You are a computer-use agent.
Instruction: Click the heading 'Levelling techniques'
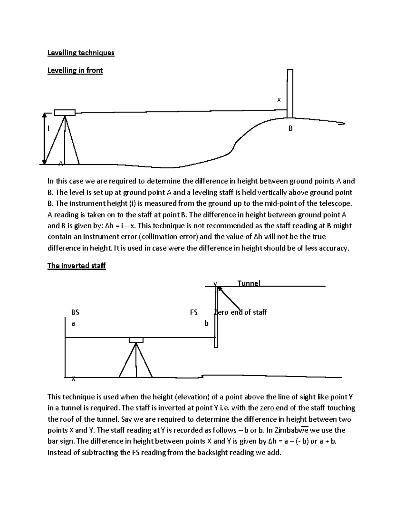(81, 53)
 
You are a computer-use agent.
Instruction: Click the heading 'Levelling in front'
(75, 70)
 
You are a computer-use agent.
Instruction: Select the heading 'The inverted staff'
(76, 266)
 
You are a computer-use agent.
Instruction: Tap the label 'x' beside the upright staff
(278, 100)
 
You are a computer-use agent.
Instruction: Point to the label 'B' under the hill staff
(290, 128)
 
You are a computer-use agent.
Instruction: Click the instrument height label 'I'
(48, 128)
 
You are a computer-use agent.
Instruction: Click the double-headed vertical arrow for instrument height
(44, 138)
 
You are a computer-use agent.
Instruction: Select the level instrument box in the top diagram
(65, 112)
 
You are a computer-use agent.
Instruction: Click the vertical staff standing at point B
(290, 93)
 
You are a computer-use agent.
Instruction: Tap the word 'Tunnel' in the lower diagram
(249, 283)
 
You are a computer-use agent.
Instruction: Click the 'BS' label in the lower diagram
(75, 312)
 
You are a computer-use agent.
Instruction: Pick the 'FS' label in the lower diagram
(194, 312)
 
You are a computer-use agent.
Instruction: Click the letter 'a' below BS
(73, 324)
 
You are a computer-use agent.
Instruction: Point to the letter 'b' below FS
(206, 323)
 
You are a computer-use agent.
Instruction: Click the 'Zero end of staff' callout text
(241, 312)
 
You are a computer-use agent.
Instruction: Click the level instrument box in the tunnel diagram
(136, 340)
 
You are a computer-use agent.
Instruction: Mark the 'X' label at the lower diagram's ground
(73, 379)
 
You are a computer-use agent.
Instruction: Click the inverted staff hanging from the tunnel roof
(216, 317)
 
